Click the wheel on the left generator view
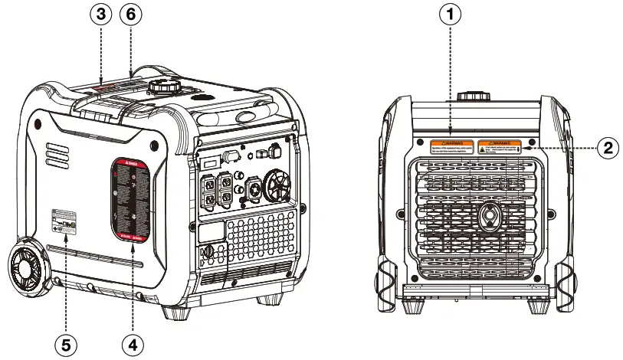[27, 269]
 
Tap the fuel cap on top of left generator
[163, 86]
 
